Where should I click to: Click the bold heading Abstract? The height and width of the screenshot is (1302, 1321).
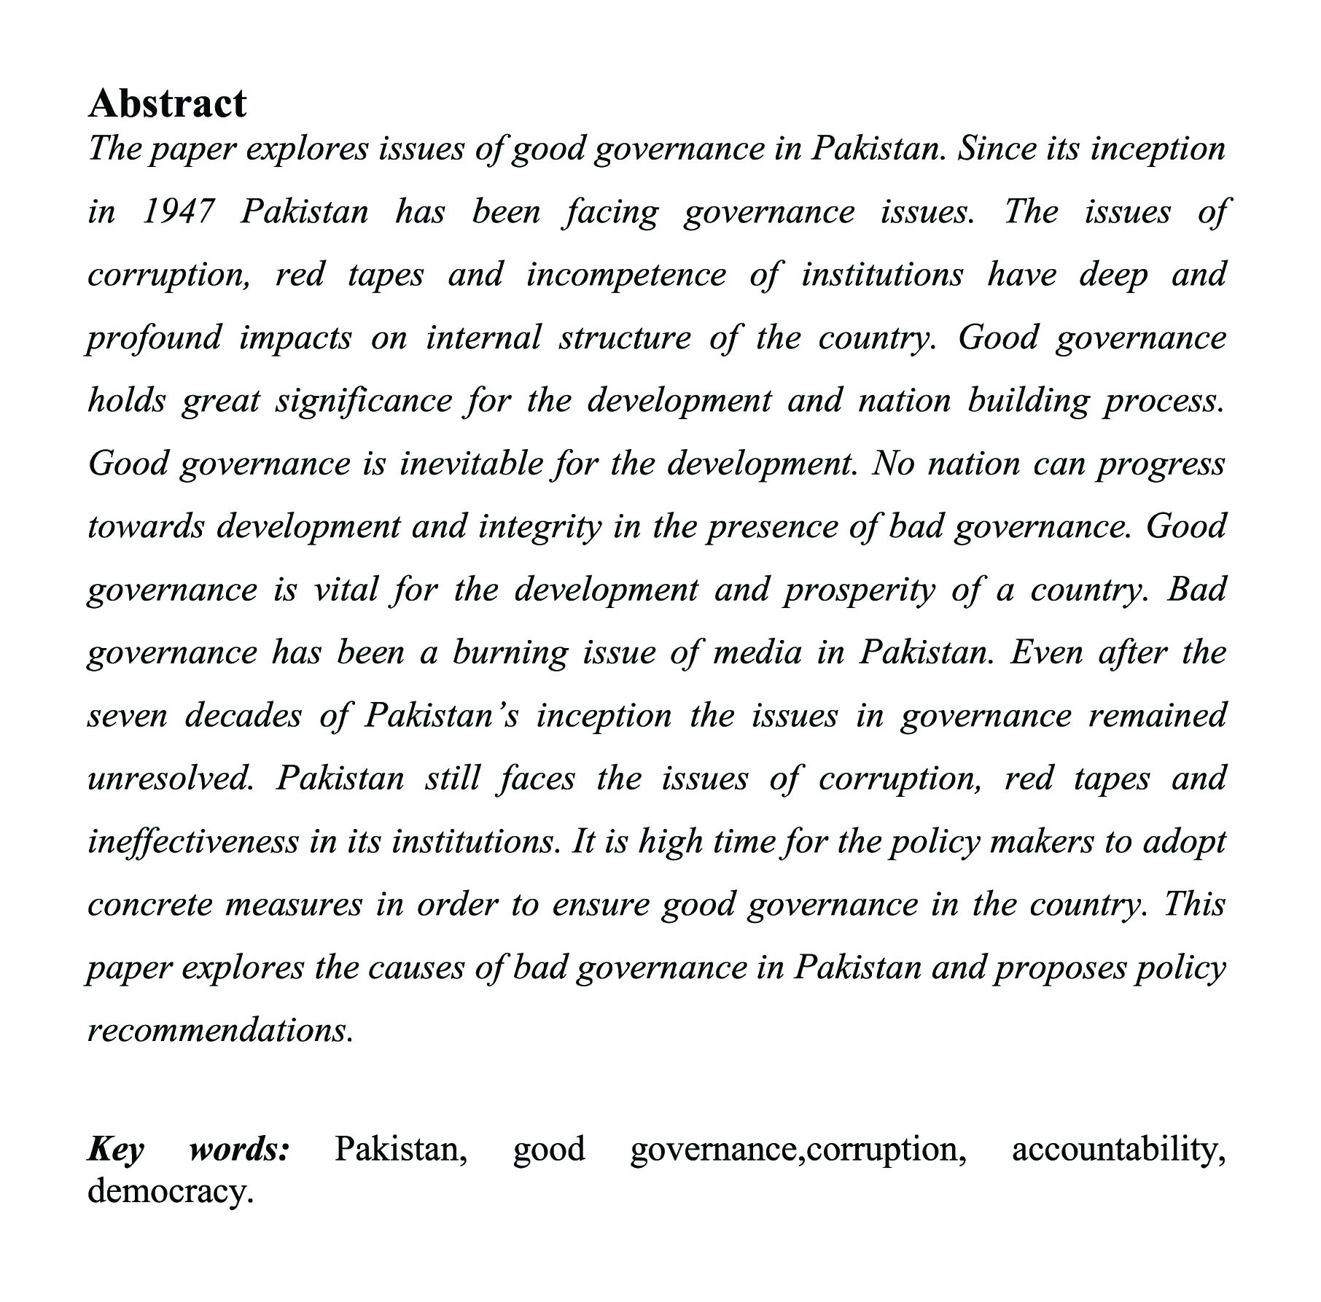(167, 104)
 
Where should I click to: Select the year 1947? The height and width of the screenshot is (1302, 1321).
(178, 212)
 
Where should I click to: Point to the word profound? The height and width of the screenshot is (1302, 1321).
(154, 338)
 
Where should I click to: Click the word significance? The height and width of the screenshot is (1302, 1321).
(362, 402)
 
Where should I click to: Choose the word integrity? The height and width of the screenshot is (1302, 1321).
(539, 527)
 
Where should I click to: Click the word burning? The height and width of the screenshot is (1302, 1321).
(510, 653)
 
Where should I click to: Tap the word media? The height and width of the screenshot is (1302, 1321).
(756, 653)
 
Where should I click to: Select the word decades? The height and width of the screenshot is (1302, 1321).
(243, 716)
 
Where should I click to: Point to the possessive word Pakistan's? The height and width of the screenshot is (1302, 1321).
(441, 716)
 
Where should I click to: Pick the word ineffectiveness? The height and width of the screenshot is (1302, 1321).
(192, 842)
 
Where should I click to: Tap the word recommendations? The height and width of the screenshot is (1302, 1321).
(220, 1031)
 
